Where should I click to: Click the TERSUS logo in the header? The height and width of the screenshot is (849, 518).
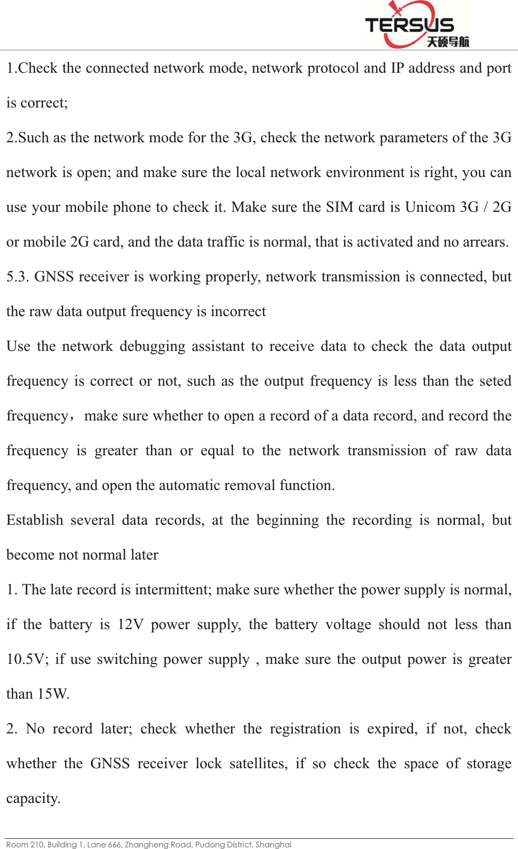tap(409, 25)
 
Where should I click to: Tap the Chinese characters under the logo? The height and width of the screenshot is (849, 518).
tap(447, 42)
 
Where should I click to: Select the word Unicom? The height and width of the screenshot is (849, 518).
tap(430, 207)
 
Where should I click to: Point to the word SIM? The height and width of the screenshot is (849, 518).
tap(339, 207)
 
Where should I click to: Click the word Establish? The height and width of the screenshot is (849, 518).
tap(35, 520)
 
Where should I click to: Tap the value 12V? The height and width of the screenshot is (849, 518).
tap(130, 624)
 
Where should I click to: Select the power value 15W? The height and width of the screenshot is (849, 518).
tap(53, 694)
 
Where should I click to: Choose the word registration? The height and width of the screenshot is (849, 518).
tap(305, 729)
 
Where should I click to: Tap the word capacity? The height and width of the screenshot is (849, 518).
tap(33, 798)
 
